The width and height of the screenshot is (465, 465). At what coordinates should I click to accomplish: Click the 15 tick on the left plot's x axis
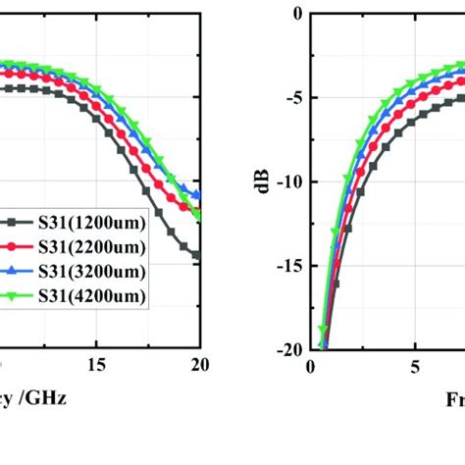point(95,366)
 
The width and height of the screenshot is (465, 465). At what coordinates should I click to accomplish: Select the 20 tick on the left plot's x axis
point(199,366)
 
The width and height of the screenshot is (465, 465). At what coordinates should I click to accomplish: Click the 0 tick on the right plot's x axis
point(310,366)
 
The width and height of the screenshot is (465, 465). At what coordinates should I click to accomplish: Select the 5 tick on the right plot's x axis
point(414,366)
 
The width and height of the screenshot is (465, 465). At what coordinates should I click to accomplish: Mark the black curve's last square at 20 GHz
point(197,255)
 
